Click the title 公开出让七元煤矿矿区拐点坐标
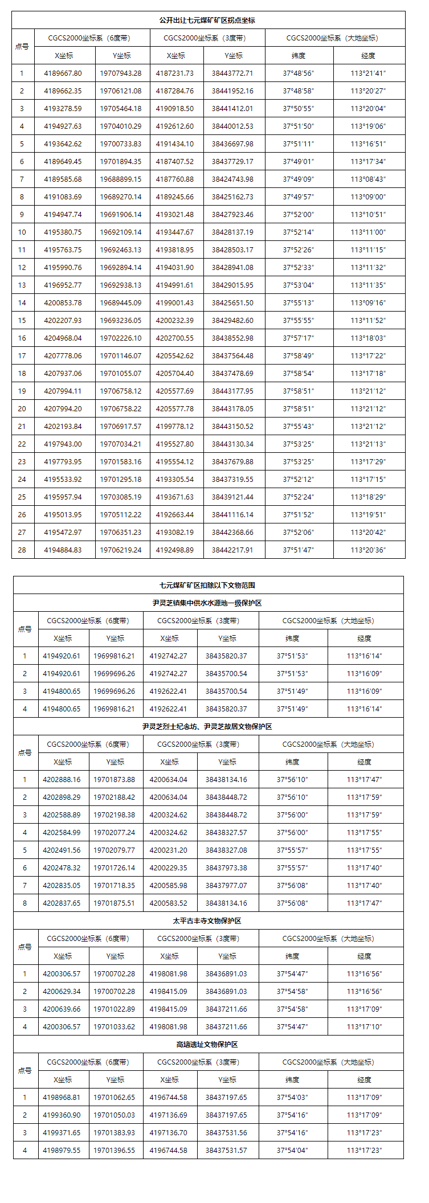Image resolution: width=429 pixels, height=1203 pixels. pos(207,20)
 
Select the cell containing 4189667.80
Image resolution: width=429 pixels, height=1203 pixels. pos(63,73)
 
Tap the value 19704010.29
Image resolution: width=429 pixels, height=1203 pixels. pos(121,126)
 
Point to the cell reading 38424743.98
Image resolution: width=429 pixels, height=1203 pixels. pos(232,179)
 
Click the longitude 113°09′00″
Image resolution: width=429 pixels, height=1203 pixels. pos(368,197)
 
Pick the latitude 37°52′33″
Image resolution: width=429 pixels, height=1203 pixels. pos(298,267)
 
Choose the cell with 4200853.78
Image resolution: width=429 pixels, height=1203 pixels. pos(63,302)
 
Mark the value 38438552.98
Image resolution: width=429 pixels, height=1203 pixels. pos(232,338)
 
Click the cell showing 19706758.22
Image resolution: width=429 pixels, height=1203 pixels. pos(121,408)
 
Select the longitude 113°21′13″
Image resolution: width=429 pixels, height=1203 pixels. pos(368,444)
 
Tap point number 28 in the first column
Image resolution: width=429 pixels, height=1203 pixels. pos(22,550)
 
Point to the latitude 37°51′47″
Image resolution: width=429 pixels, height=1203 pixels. pos(298,550)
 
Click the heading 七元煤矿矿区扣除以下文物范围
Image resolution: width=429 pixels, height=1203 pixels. pos(207,585)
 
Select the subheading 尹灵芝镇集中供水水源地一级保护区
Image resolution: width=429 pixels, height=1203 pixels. pos(207,603)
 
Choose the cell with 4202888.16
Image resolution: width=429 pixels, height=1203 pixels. pos(62,779)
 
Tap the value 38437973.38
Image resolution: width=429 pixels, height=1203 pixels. pos(226,868)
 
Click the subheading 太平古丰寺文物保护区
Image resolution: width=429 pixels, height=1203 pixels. pos(207,920)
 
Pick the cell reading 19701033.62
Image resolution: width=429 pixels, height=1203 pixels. pos(114,1026)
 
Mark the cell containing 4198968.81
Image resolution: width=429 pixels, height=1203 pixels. pos(62,1097)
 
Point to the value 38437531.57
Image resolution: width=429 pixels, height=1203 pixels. pos(226,1150)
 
